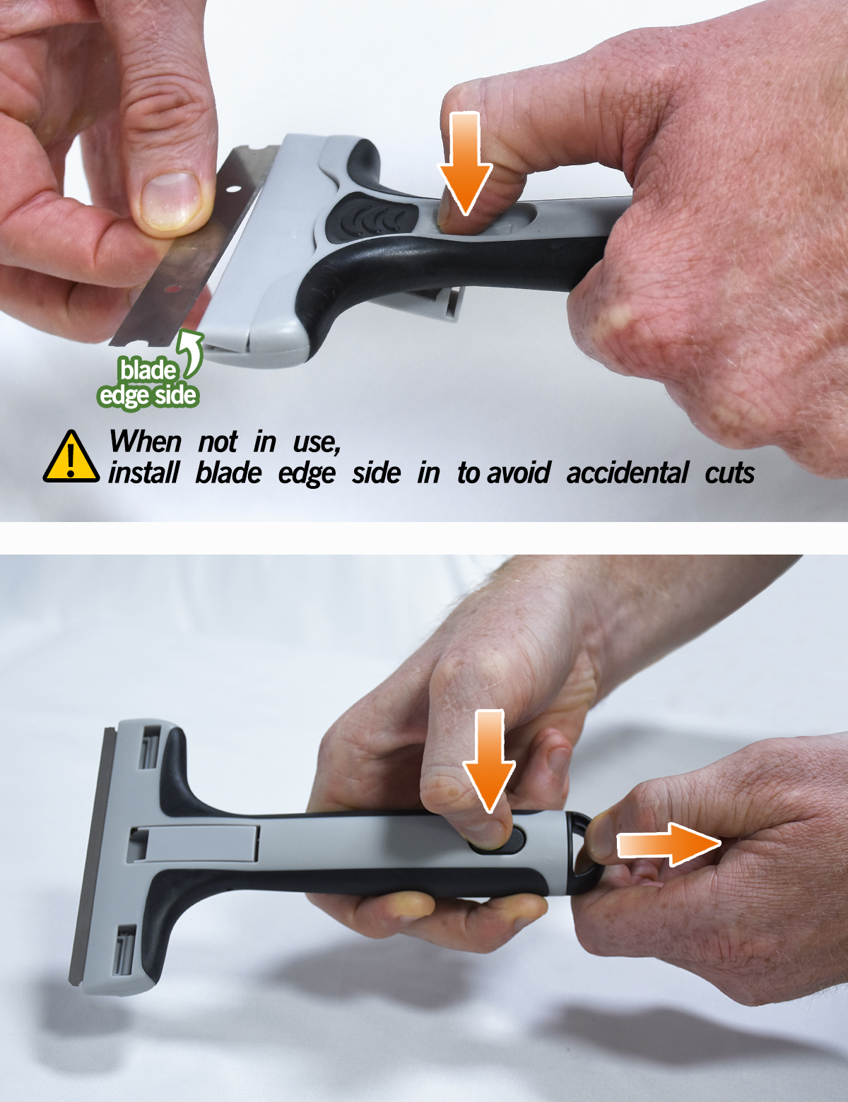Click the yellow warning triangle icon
(x=71, y=457)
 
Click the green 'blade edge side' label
(x=147, y=383)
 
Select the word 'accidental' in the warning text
(x=627, y=473)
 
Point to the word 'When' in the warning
(x=146, y=442)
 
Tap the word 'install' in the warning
(x=143, y=473)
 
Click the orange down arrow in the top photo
(x=465, y=164)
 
